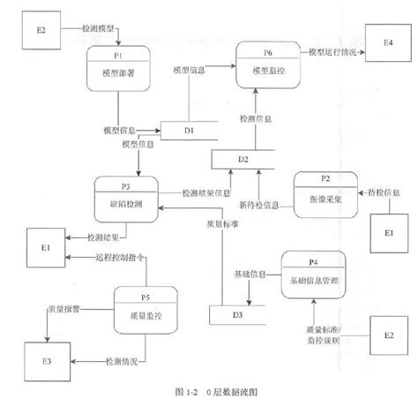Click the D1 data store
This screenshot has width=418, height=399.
(x=189, y=131)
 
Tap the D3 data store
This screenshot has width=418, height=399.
(x=237, y=314)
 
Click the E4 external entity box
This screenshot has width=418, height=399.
(x=388, y=44)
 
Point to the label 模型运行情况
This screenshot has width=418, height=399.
(x=333, y=53)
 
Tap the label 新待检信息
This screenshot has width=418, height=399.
(x=259, y=205)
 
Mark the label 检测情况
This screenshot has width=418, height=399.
(x=118, y=361)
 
